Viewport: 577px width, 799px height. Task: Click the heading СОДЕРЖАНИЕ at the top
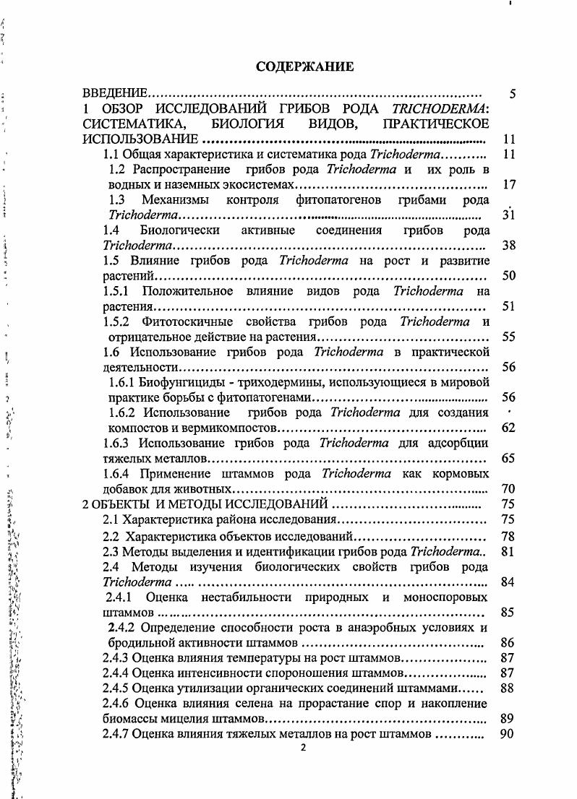point(304,67)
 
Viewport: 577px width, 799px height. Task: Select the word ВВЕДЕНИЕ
point(115,94)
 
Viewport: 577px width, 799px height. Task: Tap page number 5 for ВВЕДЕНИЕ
point(511,94)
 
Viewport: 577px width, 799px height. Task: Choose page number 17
point(508,185)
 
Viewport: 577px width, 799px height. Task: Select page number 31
point(508,215)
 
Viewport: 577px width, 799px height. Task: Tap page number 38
point(508,246)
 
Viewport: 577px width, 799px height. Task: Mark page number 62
point(508,428)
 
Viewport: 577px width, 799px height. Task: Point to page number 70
point(508,488)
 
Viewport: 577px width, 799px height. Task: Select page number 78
point(508,536)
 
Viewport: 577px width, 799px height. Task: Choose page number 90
point(508,734)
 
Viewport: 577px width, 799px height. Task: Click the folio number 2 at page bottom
point(304,748)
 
